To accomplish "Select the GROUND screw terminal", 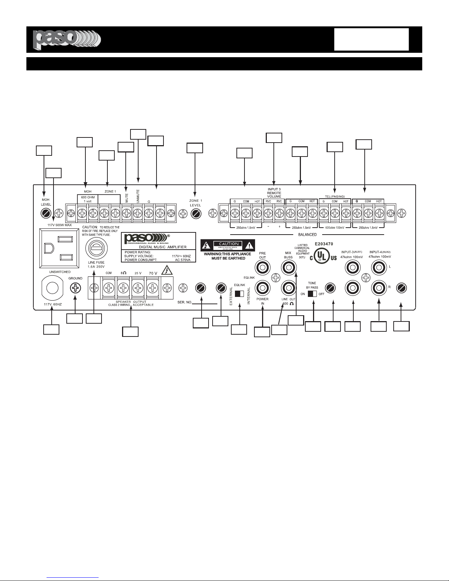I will point(75,289).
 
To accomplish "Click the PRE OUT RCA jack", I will point(262,269).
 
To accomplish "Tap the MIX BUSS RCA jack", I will point(288,269).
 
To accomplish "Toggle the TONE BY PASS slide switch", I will point(312,294).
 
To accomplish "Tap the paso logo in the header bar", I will point(66,39).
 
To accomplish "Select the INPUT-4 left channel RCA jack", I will point(379,269).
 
